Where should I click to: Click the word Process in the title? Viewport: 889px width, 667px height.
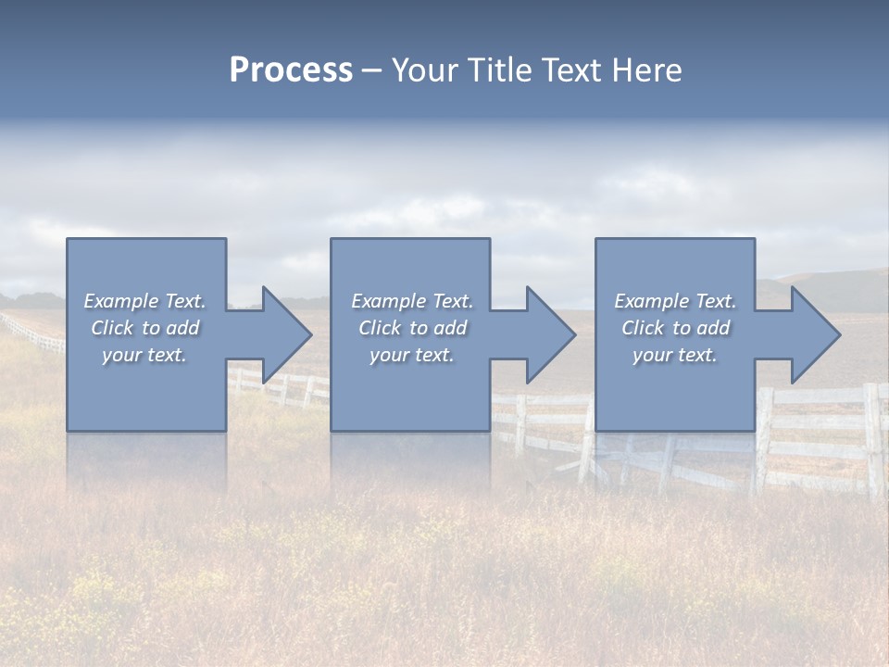[291, 70]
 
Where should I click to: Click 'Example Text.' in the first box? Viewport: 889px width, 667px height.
[144, 301]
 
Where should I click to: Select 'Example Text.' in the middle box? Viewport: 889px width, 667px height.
[412, 301]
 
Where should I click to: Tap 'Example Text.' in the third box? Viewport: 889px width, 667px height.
[675, 301]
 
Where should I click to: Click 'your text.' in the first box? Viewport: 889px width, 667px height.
[144, 355]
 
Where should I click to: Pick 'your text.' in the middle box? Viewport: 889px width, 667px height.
[412, 355]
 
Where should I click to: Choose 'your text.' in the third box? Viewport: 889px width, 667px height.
[675, 355]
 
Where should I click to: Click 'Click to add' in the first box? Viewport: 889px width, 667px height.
[144, 328]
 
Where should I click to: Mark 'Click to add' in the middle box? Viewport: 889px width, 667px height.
[412, 328]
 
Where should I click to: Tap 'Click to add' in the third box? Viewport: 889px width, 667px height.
[675, 328]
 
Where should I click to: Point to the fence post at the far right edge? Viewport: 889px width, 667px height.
[872, 440]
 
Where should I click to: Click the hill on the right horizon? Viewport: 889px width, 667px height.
[824, 287]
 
